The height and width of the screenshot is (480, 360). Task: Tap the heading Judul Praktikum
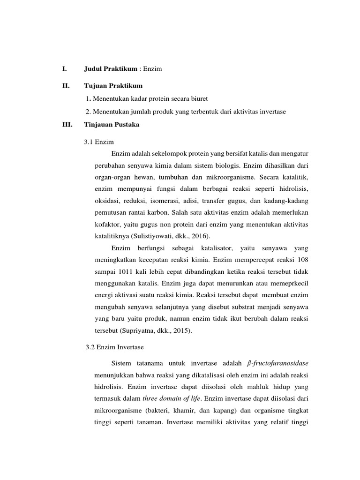[x=111, y=69]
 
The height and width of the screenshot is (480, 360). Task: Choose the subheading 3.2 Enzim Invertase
[x=114, y=347]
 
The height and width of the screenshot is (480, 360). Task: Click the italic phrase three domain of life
[x=172, y=398]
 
